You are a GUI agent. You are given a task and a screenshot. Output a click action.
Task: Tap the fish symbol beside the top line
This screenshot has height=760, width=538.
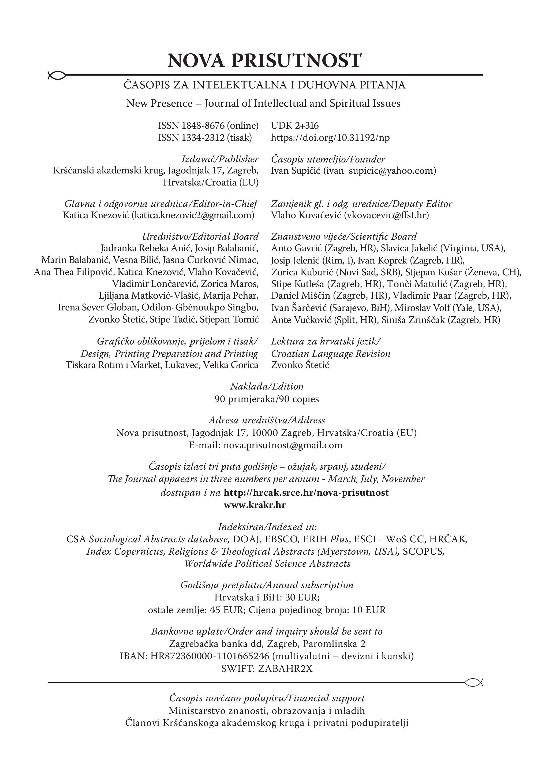point(56,76)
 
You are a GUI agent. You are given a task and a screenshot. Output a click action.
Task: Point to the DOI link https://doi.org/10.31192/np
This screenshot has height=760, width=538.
point(330,138)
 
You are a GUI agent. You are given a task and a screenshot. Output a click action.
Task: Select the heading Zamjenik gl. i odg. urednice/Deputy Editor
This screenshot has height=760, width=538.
point(361,203)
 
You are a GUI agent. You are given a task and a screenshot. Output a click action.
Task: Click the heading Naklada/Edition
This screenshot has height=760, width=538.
point(267,387)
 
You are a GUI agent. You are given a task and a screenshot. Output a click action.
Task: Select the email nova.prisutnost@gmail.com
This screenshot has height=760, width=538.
point(283,445)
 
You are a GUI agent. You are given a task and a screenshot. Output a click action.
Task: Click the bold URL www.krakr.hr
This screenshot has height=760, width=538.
point(255,505)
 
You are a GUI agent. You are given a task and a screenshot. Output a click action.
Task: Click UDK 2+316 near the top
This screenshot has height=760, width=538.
point(294,126)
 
